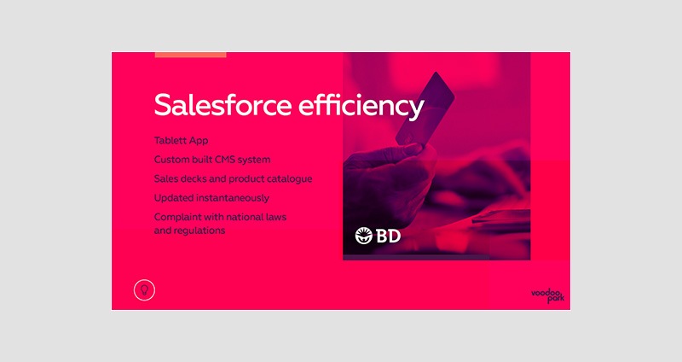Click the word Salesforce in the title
click(223, 105)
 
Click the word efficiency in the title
click(361, 106)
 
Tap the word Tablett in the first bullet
click(169, 140)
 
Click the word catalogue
click(289, 179)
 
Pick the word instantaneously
click(233, 198)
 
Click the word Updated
click(174, 198)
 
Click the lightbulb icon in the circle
click(144, 290)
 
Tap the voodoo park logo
click(547, 295)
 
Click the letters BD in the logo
click(388, 236)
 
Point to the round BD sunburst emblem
click(364, 236)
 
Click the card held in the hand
click(425, 109)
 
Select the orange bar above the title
click(190, 55)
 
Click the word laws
click(275, 217)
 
